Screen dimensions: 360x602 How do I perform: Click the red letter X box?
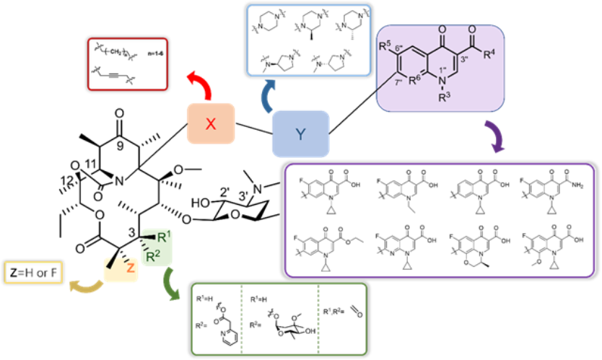211,123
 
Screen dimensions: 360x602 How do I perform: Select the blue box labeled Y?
300,133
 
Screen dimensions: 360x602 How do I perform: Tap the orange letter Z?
130,268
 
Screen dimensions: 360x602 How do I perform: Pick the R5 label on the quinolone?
385,47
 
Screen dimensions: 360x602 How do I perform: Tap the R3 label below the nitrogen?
444,97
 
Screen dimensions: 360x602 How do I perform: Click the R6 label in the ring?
415,79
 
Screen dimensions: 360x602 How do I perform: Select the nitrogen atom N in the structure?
442,79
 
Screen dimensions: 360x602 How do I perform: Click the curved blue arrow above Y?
267,95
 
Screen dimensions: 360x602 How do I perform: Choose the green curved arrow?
172,284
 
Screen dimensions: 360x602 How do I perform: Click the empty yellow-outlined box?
34,272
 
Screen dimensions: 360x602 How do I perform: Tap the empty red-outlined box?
128,64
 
